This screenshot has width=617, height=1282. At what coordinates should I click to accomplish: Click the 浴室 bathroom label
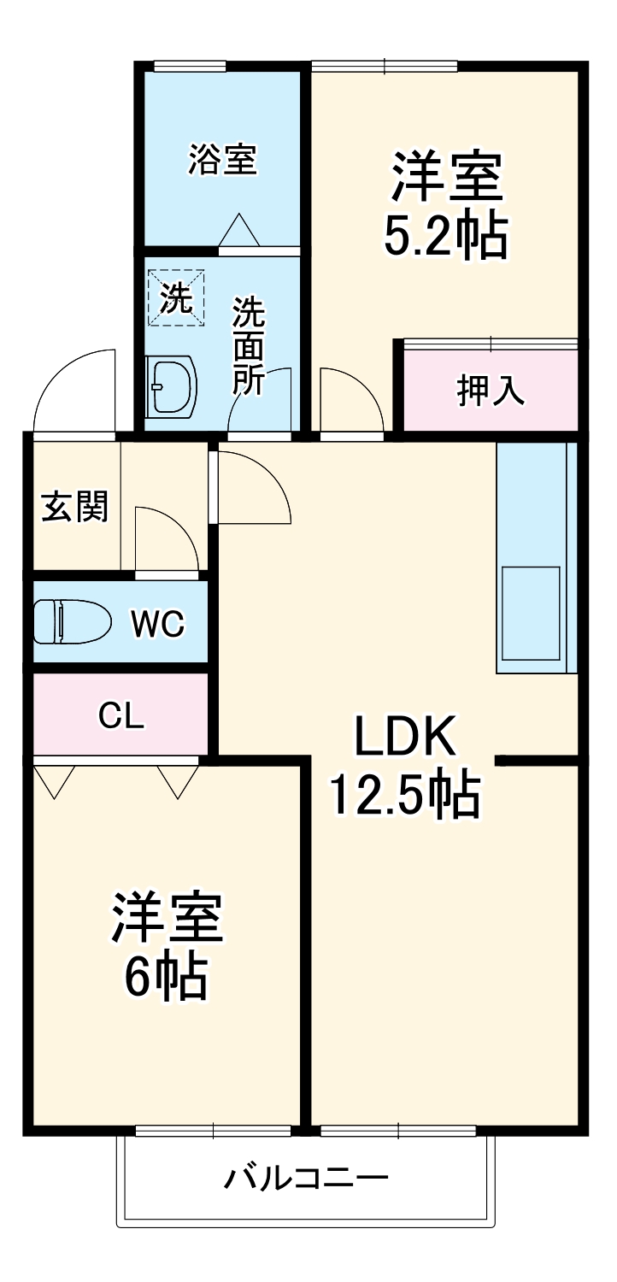click(x=223, y=160)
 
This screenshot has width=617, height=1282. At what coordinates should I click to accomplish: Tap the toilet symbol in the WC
click(x=72, y=621)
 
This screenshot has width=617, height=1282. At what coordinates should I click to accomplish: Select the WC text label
click(x=157, y=624)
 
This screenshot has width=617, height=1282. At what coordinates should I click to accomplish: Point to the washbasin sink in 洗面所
click(x=171, y=386)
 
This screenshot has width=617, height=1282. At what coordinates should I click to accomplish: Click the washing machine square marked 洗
click(x=177, y=298)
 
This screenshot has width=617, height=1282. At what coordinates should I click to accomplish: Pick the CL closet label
click(x=121, y=716)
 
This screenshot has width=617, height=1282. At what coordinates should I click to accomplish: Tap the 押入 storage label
click(x=490, y=390)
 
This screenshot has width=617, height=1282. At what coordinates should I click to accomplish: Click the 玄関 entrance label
click(x=75, y=508)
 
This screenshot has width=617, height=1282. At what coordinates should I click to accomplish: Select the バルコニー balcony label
click(x=306, y=1180)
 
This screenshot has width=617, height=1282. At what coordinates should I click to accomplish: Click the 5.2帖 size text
click(x=445, y=237)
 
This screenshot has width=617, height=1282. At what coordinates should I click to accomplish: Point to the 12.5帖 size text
click(x=403, y=795)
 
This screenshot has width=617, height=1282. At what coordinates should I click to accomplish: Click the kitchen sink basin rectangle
click(x=530, y=612)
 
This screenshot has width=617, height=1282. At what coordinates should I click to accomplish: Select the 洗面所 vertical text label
click(x=250, y=345)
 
